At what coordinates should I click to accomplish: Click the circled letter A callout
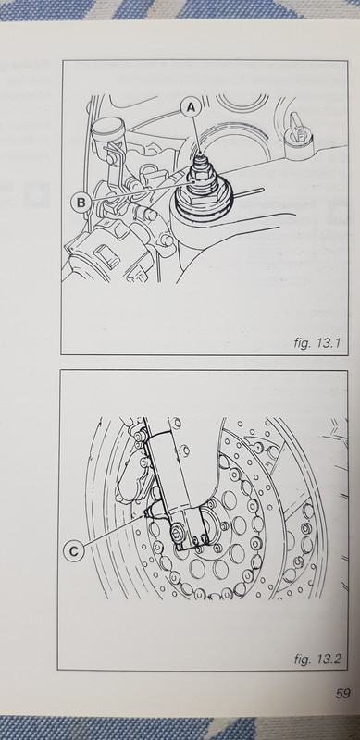coord(191,108)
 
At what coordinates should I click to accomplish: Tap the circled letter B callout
coord(81,203)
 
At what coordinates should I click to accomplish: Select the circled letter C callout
coord(74,550)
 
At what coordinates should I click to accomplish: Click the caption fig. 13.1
coord(317,343)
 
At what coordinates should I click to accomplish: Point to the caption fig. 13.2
coord(317,659)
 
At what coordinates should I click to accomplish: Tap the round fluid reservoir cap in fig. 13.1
coord(108,126)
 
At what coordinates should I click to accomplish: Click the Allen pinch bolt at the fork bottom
coord(178,534)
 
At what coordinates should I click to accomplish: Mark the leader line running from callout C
coord(115,531)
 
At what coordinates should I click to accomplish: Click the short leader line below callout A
coord(196,134)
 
